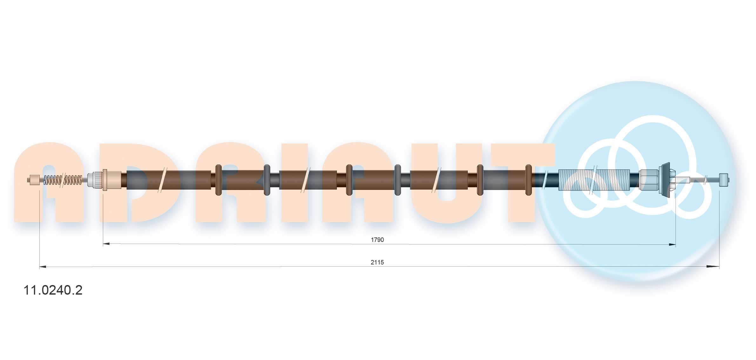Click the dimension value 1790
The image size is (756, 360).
377,240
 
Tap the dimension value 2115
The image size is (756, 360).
377,262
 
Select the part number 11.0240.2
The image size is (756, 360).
53,290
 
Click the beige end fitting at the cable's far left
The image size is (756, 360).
34,180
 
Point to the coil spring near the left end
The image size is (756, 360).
63,180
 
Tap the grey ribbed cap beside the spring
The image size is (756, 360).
95,180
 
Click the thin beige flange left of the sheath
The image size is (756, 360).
105,180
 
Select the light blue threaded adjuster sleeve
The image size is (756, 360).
594,180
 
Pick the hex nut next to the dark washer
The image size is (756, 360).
648,180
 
